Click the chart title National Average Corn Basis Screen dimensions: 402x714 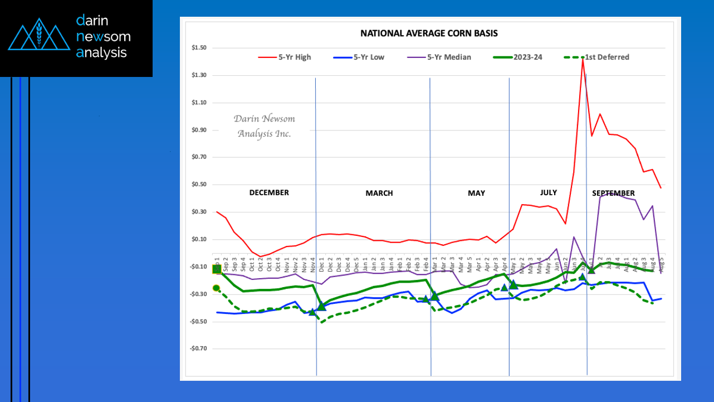click(x=429, y=33)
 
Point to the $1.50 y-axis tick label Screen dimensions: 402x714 click(x=199, y=48)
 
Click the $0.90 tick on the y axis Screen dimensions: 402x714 click(x=199, y=130)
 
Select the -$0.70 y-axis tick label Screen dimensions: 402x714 click(x=198, y=349)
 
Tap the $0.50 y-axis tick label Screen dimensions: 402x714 click(x=199, y=185)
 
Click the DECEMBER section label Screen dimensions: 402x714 click(x=268, y=192)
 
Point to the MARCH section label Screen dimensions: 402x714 click(x=379, y=193)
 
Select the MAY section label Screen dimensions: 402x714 click(x=476, y=193)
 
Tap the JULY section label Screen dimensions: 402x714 click(x=548, y=192)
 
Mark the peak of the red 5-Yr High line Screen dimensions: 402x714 click(x=583, y=60)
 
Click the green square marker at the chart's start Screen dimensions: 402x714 click(x=217, y=269)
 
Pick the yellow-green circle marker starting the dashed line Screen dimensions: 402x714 click(x=216, y=288)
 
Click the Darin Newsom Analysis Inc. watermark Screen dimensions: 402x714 click(x=264, y=126)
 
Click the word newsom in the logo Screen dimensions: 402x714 click(x=103, y=37)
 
